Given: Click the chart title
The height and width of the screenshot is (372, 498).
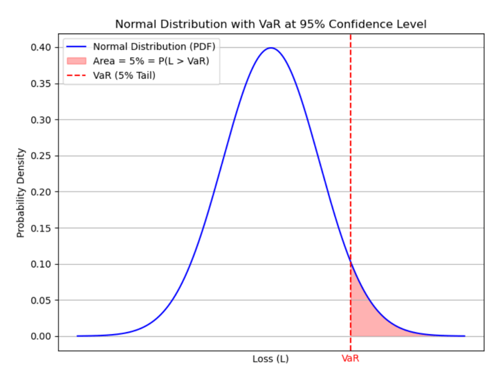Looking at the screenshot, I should pyautogui.click(x=270, y=24).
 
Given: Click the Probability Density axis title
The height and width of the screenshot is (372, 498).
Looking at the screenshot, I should pyautogui.click(x=21, y=192).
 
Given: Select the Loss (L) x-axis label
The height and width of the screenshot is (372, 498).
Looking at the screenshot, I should pyautogui.click(x=270, y=360).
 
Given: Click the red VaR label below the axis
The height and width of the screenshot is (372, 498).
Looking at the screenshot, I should pyautogui.click(x=351, y=360).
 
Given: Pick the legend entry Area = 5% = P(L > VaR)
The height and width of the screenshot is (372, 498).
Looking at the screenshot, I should pyautogui.click(x=151, y=62).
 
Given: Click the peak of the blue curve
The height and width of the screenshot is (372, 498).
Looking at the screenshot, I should pyautogui.click(x=271, y=48).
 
